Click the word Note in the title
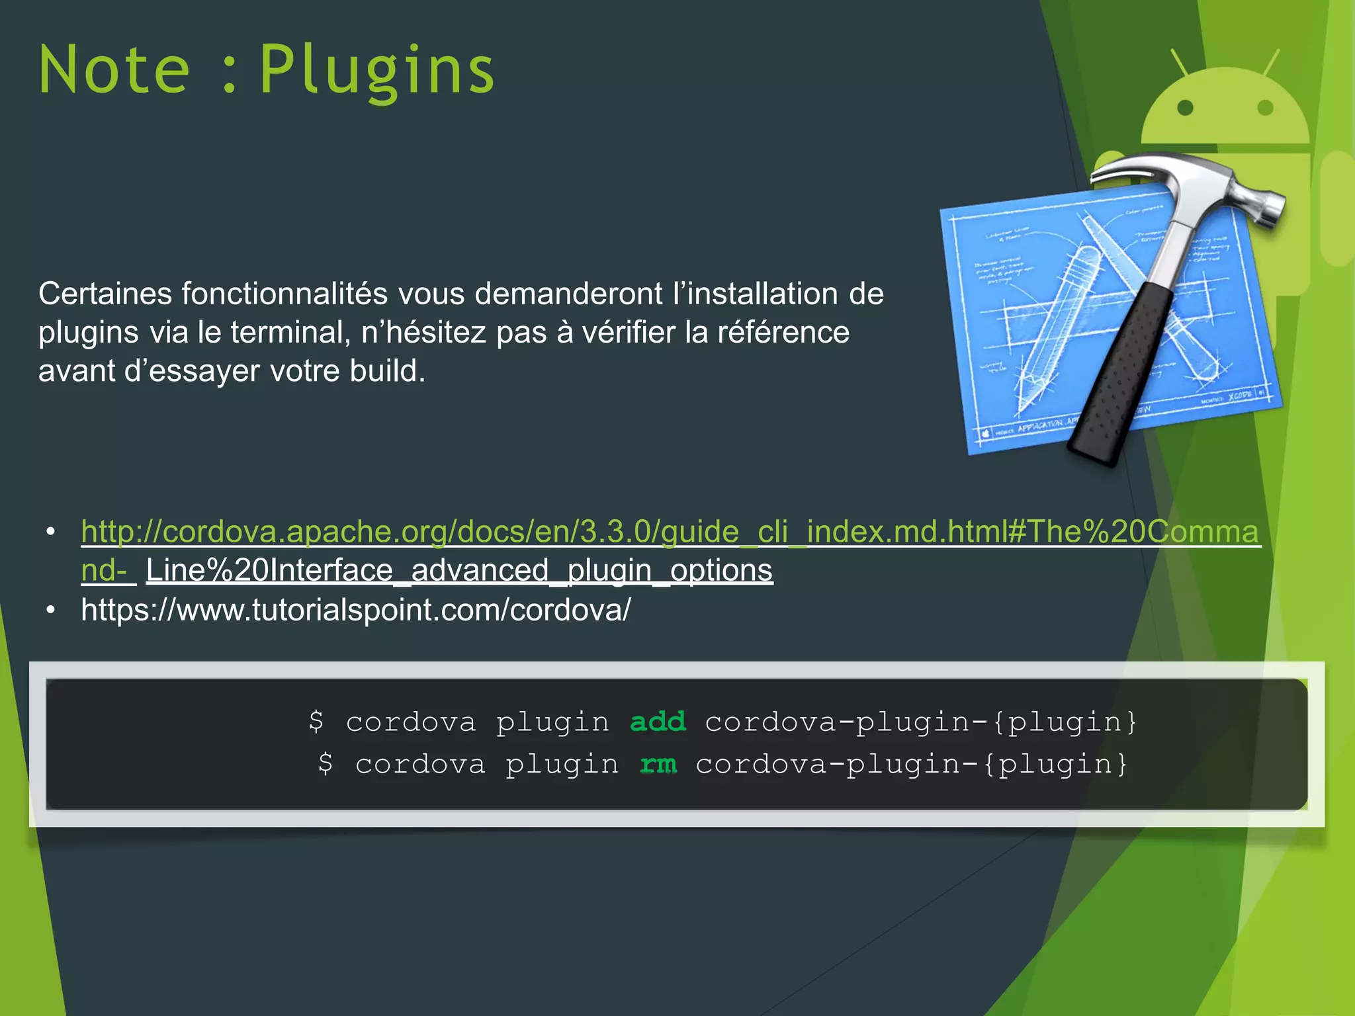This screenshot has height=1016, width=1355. coord(114,69)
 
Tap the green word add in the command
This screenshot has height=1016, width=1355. coord(658,722)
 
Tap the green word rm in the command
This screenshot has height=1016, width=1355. coord(658,765)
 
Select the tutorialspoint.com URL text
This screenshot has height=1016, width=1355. coord(356,609)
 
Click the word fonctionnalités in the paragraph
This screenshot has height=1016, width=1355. coord(284,294)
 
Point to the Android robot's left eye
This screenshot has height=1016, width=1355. coord(1186,107)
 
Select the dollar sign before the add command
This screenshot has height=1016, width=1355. coord(316,722)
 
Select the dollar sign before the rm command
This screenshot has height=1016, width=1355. coord(326,765)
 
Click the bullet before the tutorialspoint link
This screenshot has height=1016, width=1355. coord(51,609)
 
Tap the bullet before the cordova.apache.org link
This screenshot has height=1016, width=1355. coord(51,532)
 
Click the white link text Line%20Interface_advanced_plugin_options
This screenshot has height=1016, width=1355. coord(459,570)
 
